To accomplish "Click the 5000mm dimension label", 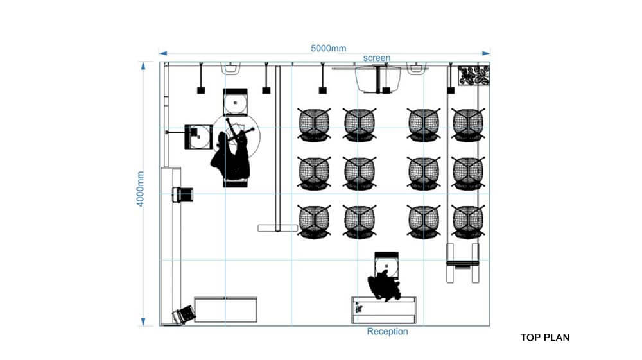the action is [328, 48].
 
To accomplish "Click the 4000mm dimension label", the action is [141, 189].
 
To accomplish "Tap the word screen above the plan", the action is [377, 58].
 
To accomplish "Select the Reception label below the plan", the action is [387, 331].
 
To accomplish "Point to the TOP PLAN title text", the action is [544, 338].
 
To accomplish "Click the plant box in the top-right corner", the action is [474, 75].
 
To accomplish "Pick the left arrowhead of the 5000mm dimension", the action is [163, 53].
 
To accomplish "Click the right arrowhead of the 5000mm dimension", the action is [486, 53].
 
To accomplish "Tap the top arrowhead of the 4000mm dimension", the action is [143, 66].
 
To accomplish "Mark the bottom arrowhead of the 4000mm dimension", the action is [143, 321].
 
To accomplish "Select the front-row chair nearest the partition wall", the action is [314, 124].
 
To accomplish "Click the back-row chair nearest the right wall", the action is [467, 222].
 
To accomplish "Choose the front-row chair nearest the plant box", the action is [467, 124].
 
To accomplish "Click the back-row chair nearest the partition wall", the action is [314, 222].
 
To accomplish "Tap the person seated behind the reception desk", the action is [384, 285].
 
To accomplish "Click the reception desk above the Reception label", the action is [384, 311].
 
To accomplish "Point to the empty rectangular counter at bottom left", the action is [225, 310].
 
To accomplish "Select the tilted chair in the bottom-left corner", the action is [184, 314].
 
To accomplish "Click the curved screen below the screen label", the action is [377, 80].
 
